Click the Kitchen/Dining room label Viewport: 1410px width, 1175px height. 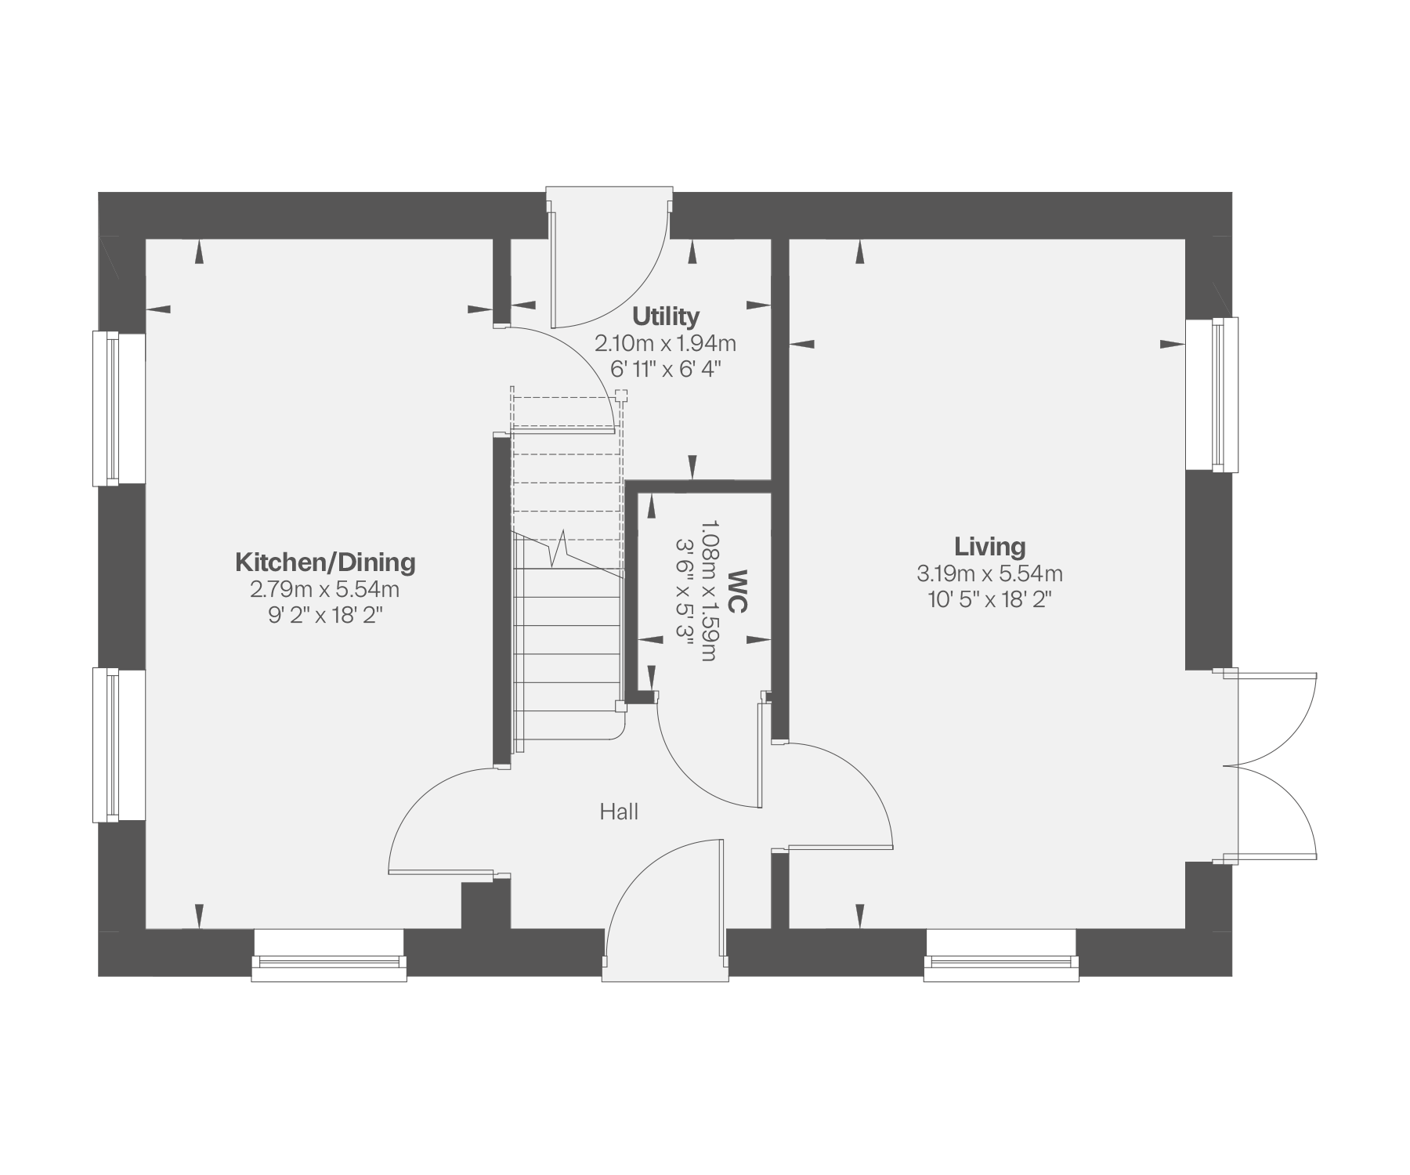325,562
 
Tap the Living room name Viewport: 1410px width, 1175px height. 989,546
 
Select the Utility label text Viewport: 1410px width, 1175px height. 665,316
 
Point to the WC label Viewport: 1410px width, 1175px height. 737,591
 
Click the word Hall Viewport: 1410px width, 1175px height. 619,812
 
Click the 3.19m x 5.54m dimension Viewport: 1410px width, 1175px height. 989,573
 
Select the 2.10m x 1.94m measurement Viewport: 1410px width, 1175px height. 665,343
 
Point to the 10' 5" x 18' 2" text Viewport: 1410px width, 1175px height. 989,600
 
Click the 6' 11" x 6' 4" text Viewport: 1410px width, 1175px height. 665,369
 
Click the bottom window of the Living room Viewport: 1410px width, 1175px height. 1001,955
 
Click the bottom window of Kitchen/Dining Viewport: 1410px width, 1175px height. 329,955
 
